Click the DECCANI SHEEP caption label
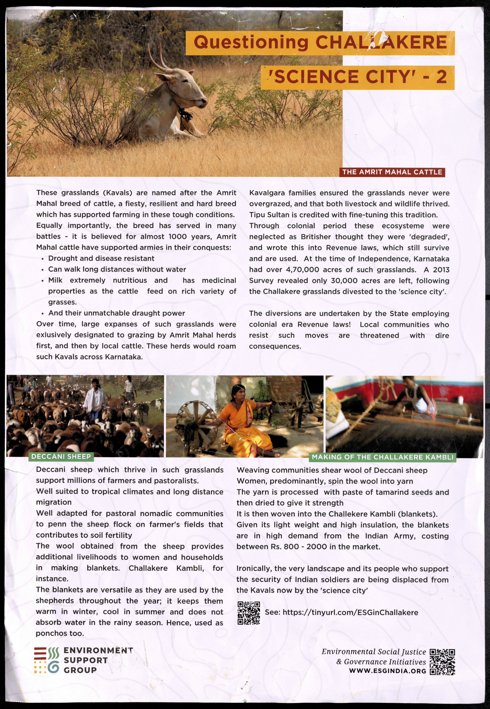click(x=61, y=457)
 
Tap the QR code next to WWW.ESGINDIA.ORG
click(x=442, y=662)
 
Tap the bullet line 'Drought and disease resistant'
click(x=101, y=258)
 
